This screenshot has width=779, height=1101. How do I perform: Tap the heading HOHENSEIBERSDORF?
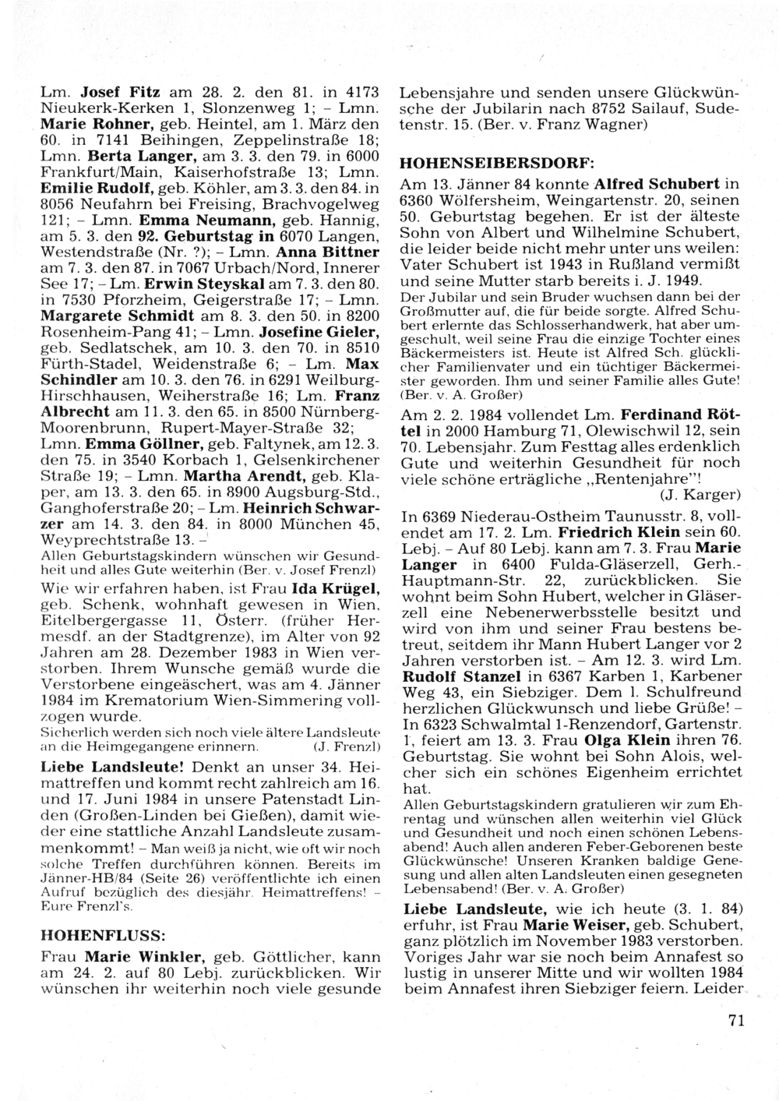click(496, 164)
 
